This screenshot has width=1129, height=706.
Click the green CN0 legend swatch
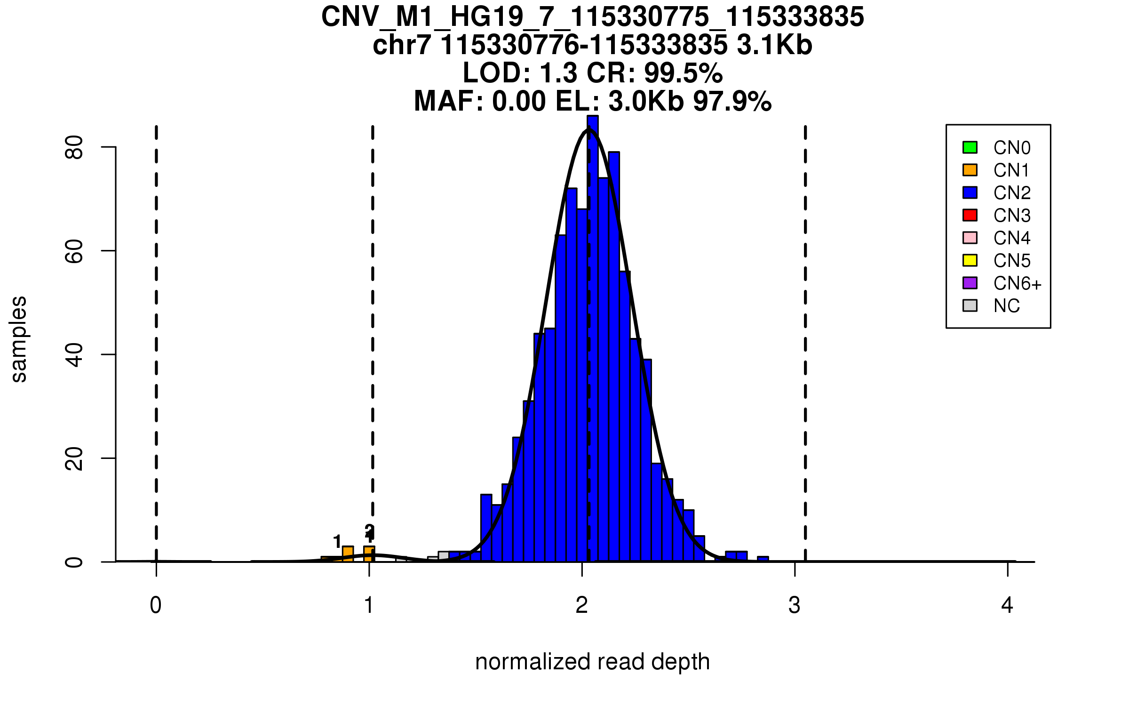[x=970, y=147]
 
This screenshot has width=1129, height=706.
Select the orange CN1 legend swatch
[x=970, y=170]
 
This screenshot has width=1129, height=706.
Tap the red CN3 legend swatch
[x=970, y=215]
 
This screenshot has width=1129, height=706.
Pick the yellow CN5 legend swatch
[x=970, y=260]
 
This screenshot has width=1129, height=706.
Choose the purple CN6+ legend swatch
[x=970, y=283]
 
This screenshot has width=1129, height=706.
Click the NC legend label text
[x=1007, y=306]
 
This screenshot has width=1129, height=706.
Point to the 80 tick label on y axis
[x=74, y=147]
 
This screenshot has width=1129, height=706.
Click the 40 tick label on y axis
[x=74, y=354]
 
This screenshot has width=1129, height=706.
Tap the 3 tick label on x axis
[x=795, y=605]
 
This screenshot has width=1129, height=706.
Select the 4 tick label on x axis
[x=1007, y=605]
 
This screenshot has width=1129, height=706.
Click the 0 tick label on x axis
[x=156, y=605]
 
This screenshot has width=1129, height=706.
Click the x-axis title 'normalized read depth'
[x=592, y=662]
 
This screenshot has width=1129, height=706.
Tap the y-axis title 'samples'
[x=19, y=339]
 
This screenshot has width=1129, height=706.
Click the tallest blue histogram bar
[x=593, y=329]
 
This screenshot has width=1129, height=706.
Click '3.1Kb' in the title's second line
[x=774, y=45]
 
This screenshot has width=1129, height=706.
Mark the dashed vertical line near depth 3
[x=805, y=329]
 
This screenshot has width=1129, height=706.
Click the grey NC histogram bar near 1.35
[x=444, y=556]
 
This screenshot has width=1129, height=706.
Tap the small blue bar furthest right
[x=763, y=559]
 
